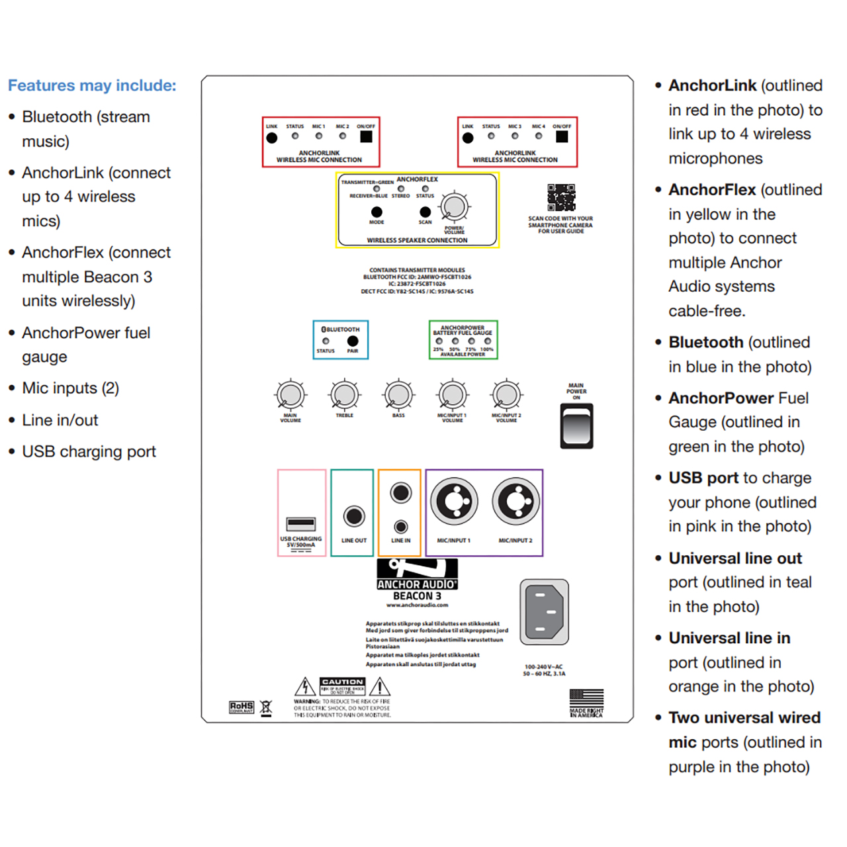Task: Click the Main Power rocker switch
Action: point(576,427)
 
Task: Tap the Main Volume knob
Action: point(290,395)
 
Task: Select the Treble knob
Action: point(345,395)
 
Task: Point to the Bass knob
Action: point(398,395)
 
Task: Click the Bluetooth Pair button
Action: point(353,341)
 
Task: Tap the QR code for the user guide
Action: point(561,197)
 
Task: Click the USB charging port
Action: point(301,524)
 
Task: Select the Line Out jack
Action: point(354,515)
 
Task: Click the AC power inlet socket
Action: point(544,612)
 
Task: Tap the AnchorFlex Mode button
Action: point(377,212)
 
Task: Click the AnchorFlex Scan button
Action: point(425,212)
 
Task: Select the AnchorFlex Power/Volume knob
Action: point(454,206)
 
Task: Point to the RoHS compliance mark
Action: point(242,707)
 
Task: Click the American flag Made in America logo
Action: point(586,702)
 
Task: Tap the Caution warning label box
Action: point(342,686)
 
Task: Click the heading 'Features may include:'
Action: point(92,85)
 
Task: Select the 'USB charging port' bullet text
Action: point(89,452)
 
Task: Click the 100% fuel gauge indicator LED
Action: point(488,341)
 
